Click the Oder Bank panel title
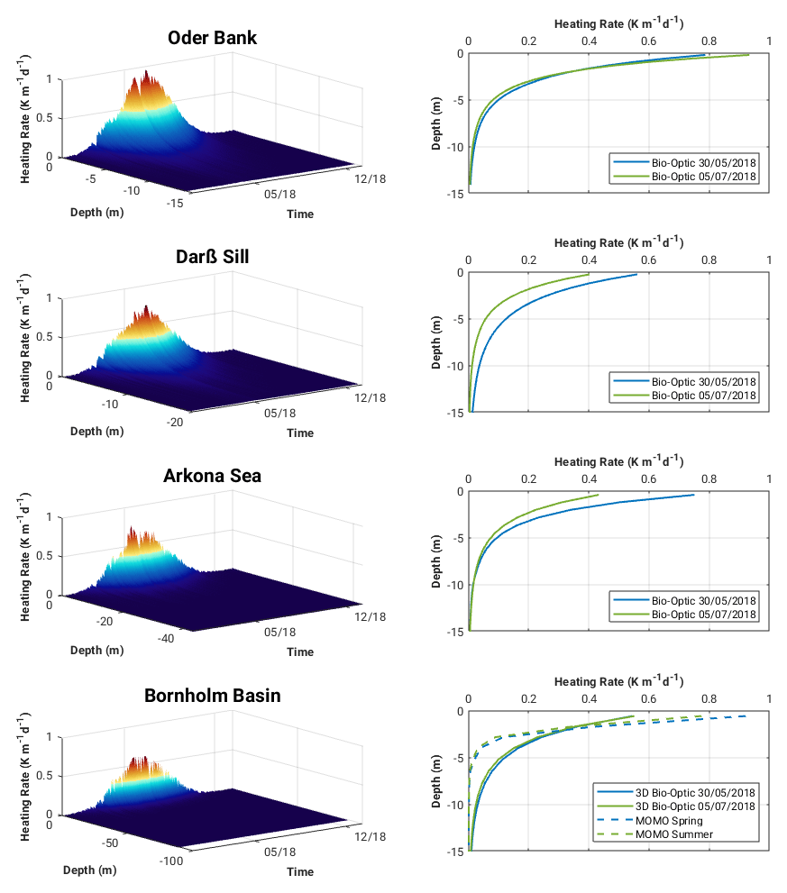212,38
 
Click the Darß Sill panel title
212,257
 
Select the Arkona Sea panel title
212,475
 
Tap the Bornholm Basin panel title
212,696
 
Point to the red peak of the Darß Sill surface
146,308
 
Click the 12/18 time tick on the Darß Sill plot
370,397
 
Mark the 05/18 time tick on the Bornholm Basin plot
279,852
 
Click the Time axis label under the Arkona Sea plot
300,652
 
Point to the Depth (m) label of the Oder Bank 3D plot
96,214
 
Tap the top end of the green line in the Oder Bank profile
749,55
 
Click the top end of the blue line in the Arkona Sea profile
693,495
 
